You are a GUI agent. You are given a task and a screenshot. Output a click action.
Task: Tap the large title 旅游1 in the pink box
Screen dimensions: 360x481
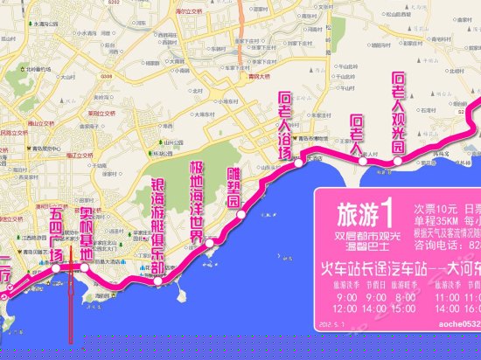pyautogui.click(x=361, y=210)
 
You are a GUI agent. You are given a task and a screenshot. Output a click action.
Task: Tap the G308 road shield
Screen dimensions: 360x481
pyautogui.click(x=107, y=77)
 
